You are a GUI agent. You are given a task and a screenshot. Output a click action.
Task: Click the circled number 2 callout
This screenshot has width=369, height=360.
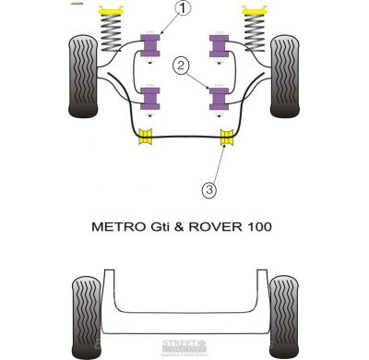(182, 65)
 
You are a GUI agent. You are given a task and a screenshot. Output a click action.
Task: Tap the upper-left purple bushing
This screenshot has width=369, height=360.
(149, 44)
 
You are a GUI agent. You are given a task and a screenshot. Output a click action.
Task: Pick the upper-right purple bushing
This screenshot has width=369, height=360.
(219, 44)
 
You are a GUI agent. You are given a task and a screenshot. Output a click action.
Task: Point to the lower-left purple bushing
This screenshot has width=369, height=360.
(149, 95)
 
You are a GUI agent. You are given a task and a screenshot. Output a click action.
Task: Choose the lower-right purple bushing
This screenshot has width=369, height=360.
(219, 95)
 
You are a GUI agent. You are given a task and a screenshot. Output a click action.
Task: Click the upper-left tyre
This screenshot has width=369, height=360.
(83, 76)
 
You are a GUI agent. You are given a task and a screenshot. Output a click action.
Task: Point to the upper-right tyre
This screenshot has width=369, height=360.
(285, 76)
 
